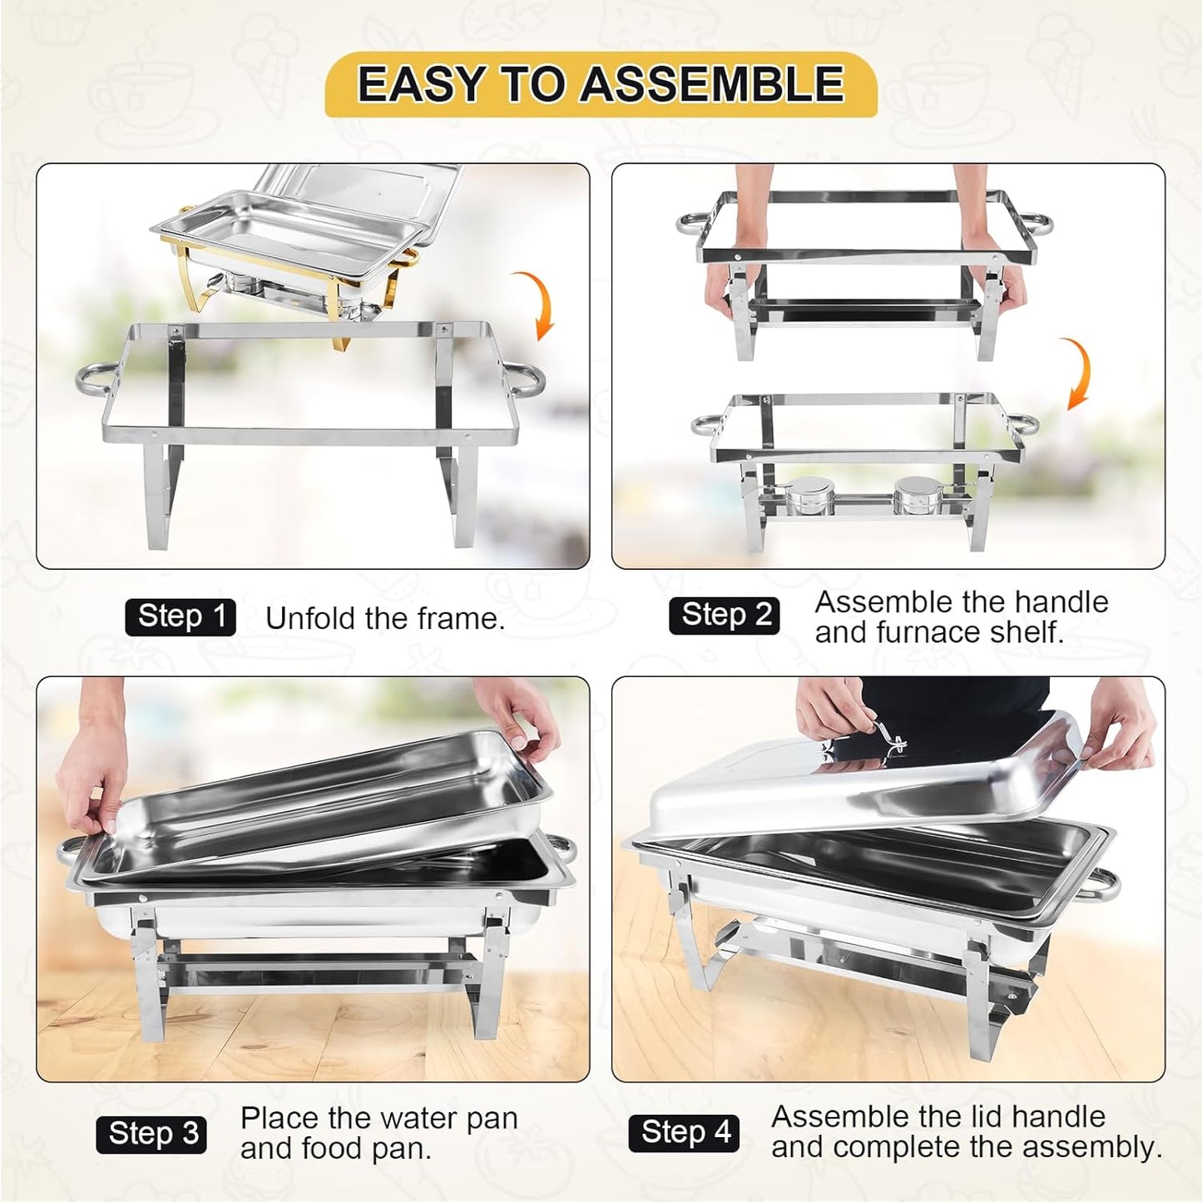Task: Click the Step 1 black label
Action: (181, 617)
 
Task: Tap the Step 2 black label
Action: (725, 616)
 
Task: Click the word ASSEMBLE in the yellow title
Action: (712, 84)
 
